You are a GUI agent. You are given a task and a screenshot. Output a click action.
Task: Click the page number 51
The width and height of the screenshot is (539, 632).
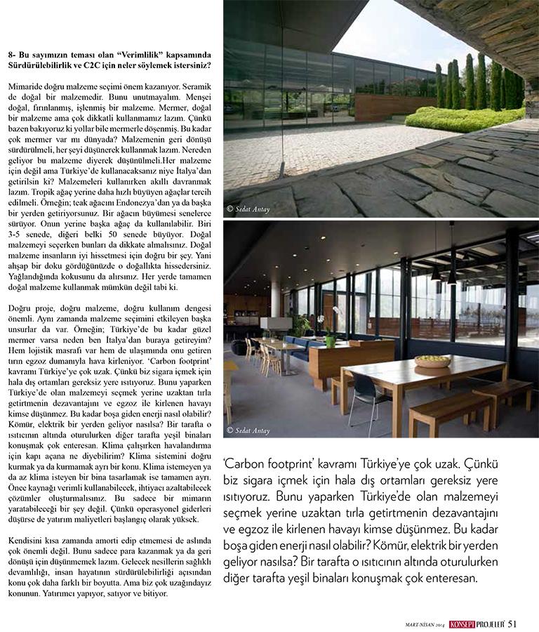tap(514, 621)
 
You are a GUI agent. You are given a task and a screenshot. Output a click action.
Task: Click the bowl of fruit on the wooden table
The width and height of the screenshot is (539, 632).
tap(432, 361)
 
